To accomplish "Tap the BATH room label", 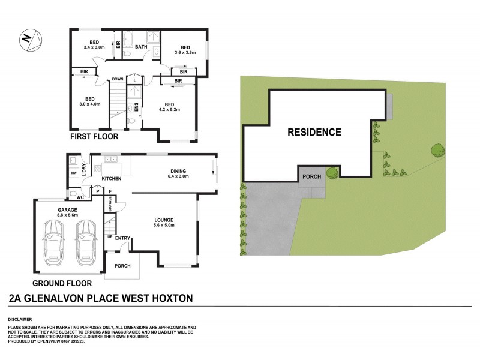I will coord(141,47).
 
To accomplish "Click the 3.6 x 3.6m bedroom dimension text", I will coord(185,53).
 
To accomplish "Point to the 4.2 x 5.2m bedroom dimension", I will coord(169,110).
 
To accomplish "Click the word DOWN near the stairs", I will coord(117,79).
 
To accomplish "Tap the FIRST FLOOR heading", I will coord(94,137).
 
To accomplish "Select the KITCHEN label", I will coord(112,179).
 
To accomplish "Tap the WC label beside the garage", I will coord(79,196).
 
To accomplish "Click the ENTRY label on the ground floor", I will coord(122,238).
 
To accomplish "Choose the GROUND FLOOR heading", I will coord(62,283).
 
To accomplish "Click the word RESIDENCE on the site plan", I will coord(313,132).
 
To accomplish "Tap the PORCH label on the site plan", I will coord(312,176).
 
